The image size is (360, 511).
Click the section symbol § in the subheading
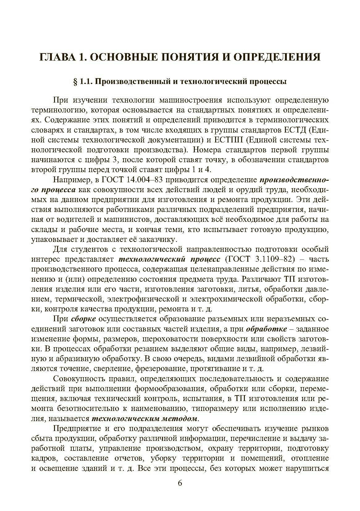click(74, 82)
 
